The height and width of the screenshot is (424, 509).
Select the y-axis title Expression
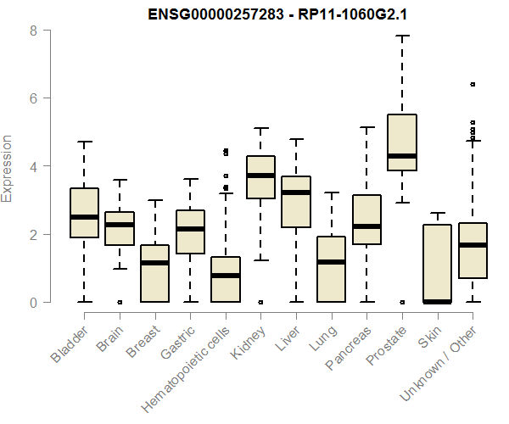8,167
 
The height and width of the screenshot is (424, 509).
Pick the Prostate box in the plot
401,142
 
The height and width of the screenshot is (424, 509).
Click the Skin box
437,263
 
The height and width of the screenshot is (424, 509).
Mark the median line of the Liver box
296,192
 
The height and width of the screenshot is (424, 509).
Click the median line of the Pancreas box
366,226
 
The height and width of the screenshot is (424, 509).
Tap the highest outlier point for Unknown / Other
473,84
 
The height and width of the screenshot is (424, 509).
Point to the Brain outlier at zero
120,302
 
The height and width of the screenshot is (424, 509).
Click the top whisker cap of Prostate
401,36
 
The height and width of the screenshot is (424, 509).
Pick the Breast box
154,273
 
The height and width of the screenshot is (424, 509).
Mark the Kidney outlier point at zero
260,302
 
